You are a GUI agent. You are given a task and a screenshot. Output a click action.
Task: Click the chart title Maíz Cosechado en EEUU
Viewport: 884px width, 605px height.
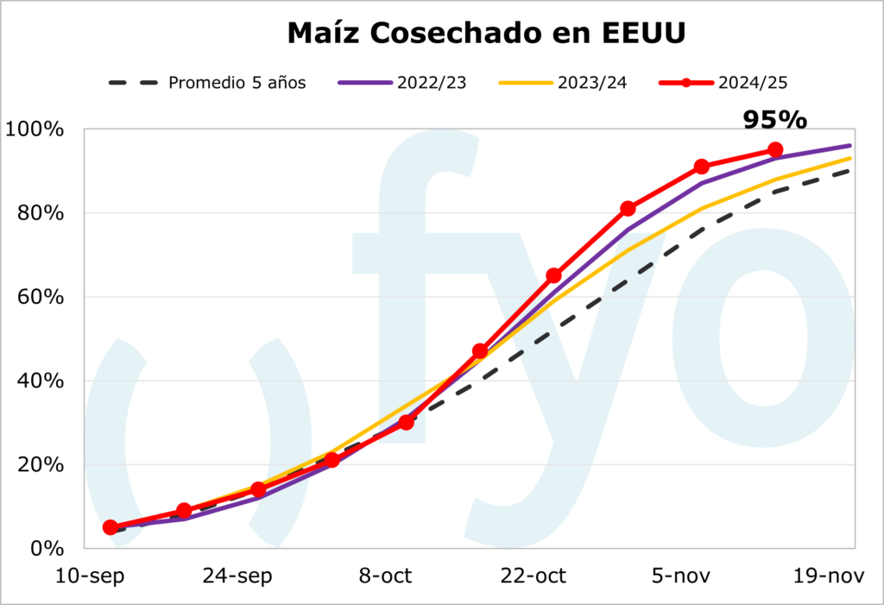pyautogui.click(x=487, y=34)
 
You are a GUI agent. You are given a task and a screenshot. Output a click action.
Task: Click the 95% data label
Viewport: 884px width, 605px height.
pyautogui.click(x=774, y=120)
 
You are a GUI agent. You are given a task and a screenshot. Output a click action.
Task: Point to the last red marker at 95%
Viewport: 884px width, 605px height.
pyautogui.click(x=775, y=150)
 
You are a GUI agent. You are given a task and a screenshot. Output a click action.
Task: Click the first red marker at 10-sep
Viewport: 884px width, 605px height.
pyautogui.click(x=110, y=527)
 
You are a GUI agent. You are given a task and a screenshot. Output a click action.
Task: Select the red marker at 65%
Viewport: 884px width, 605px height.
pyautogui.click(x=554, y=275)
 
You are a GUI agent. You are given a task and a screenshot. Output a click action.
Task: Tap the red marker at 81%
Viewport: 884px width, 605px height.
pyautogui.click(x=628, y=209)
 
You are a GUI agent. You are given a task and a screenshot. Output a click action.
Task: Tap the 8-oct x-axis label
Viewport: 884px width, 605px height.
pyautogui.click(x=386, y=576)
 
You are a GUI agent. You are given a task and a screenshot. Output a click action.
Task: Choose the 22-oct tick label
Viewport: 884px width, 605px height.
pyautogui.click(x=534, y=576)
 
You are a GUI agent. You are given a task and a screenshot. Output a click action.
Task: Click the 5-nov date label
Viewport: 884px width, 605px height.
pyautogui.click(x=681, y=576)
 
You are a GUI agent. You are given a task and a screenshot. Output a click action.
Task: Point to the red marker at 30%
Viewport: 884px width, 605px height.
pyautogui.click(x=406, y=422)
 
